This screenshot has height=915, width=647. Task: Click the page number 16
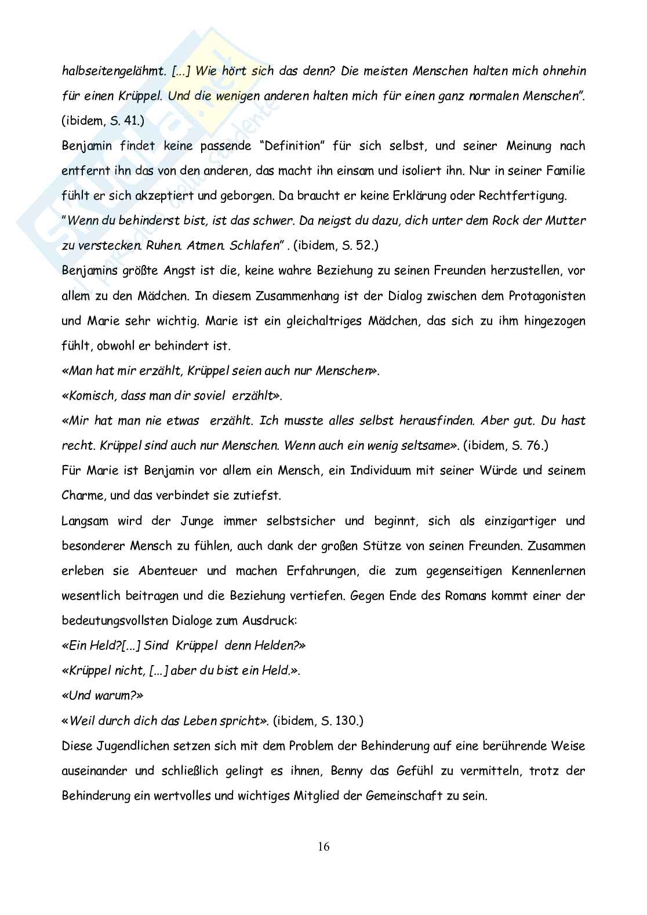pos(323,847)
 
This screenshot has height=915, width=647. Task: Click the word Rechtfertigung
pos(521,196)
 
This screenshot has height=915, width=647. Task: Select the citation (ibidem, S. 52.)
pos(336,246)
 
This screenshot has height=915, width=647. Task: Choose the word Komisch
pos(90,396)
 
